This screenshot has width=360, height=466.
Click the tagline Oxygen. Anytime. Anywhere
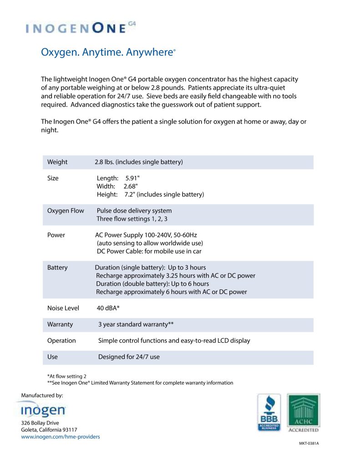[108, 52]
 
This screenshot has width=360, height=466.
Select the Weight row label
[57, 162]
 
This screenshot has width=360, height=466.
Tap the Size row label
[53, 178]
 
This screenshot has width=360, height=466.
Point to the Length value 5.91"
[132, 178]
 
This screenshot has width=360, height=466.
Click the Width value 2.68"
[131, 187]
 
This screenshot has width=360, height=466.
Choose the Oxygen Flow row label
[66, 211]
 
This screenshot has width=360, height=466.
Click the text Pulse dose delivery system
[134, 211]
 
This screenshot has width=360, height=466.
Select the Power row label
[56, 235]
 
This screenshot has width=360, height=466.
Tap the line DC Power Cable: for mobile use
[149, 251]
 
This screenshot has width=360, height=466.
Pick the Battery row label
[57, 268]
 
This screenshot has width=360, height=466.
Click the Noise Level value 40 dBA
[108, 309]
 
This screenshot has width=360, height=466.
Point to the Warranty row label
[60, 325]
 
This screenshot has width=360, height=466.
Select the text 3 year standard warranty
[136, 325]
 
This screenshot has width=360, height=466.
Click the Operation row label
[61, 341]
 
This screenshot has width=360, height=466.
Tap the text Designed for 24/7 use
[129, 357]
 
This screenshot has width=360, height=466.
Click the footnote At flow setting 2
[66, 376]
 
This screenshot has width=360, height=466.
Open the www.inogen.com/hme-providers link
[61, 437]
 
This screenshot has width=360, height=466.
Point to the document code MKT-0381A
[309, 443]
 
